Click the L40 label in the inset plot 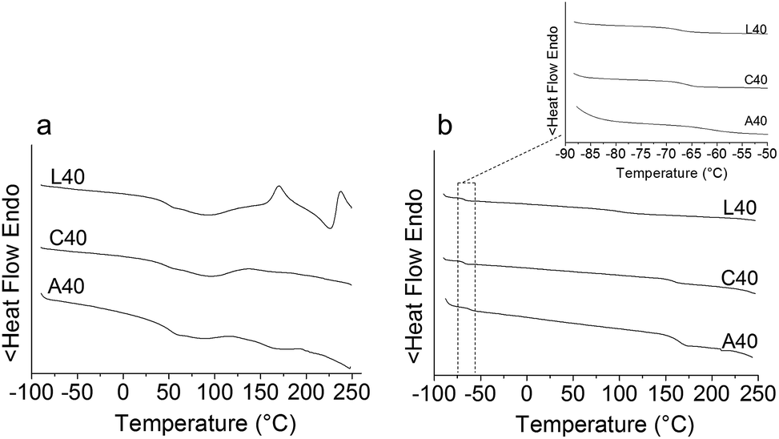(x=756, y=30)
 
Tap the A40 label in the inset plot (x=756, y=121)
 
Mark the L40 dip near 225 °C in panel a (x=330, y=228)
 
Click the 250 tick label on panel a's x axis (x=350, y=393)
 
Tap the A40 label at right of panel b (x=739, y=342)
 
